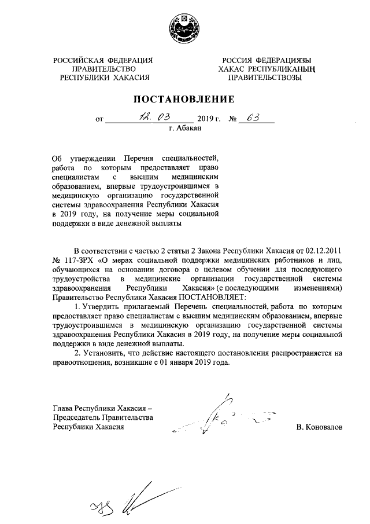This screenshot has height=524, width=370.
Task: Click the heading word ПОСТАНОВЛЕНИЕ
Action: click(185, 98)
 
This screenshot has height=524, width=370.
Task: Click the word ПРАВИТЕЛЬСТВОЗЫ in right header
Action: click(265, 78)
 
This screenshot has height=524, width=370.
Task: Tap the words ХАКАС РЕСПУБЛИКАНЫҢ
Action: click(265, 69)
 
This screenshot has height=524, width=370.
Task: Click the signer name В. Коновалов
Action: click(319, 427)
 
